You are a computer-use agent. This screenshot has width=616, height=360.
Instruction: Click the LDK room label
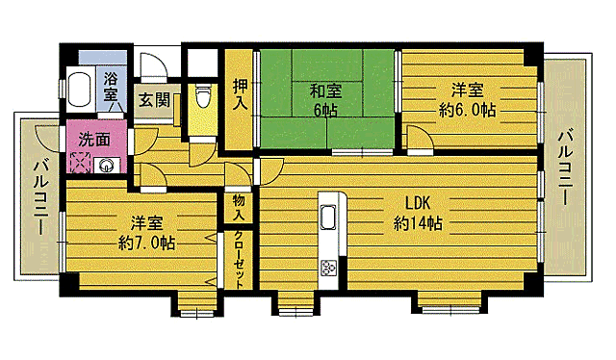coord(417,203)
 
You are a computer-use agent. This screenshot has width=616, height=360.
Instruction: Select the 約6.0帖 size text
coord(469,111)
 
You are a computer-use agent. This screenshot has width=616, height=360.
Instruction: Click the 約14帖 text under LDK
coord(418,223)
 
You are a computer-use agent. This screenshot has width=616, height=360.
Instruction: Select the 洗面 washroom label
coord(94,139)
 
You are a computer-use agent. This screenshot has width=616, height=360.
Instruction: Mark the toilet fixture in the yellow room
coord(201,97)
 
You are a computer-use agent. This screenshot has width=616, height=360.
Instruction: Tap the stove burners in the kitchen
coord(327,270)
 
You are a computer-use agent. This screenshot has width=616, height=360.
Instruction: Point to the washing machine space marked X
coord(78,162)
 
